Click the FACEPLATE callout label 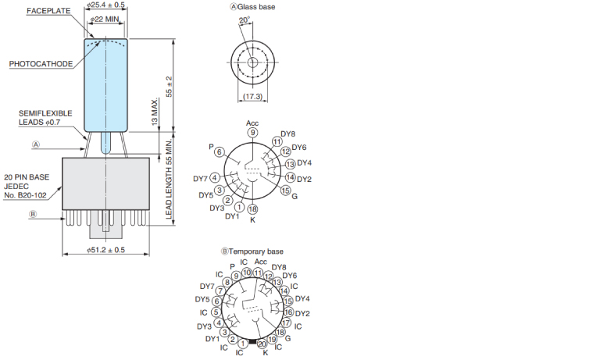pos(48,11)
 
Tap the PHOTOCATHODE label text pos(41,64)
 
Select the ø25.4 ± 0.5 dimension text pos(105,5)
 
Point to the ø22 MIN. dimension pos(105,19)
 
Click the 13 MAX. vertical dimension pos(155,112)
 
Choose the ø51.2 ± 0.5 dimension pos(106,250)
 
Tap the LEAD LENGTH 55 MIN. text pos(169,179)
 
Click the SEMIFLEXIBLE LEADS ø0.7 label pos(45,118)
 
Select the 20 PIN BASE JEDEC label pos(27,187)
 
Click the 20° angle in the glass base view pos(244,20)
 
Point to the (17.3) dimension pos(252,96)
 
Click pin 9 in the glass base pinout pos(252,133)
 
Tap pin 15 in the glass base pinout pos(285,191)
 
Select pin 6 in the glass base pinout pos(220,151)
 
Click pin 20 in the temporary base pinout pos(262,344)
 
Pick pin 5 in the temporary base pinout pos(216,312)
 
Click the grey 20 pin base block pos(106,184)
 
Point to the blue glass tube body pos(106,85)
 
